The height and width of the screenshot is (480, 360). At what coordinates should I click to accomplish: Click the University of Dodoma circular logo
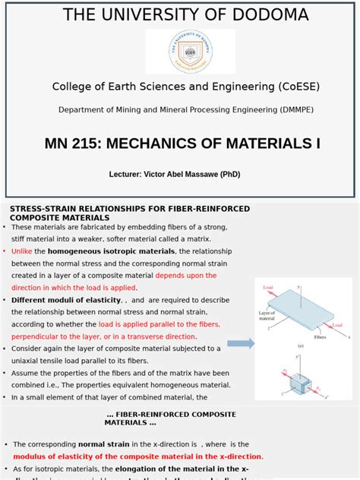click(191, 52)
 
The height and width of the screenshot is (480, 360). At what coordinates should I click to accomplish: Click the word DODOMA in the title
click(267, 14)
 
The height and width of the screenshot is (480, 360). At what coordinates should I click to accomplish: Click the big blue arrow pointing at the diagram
click(242, 343)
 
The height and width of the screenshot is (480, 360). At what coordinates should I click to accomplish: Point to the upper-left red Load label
click(267, 288)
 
